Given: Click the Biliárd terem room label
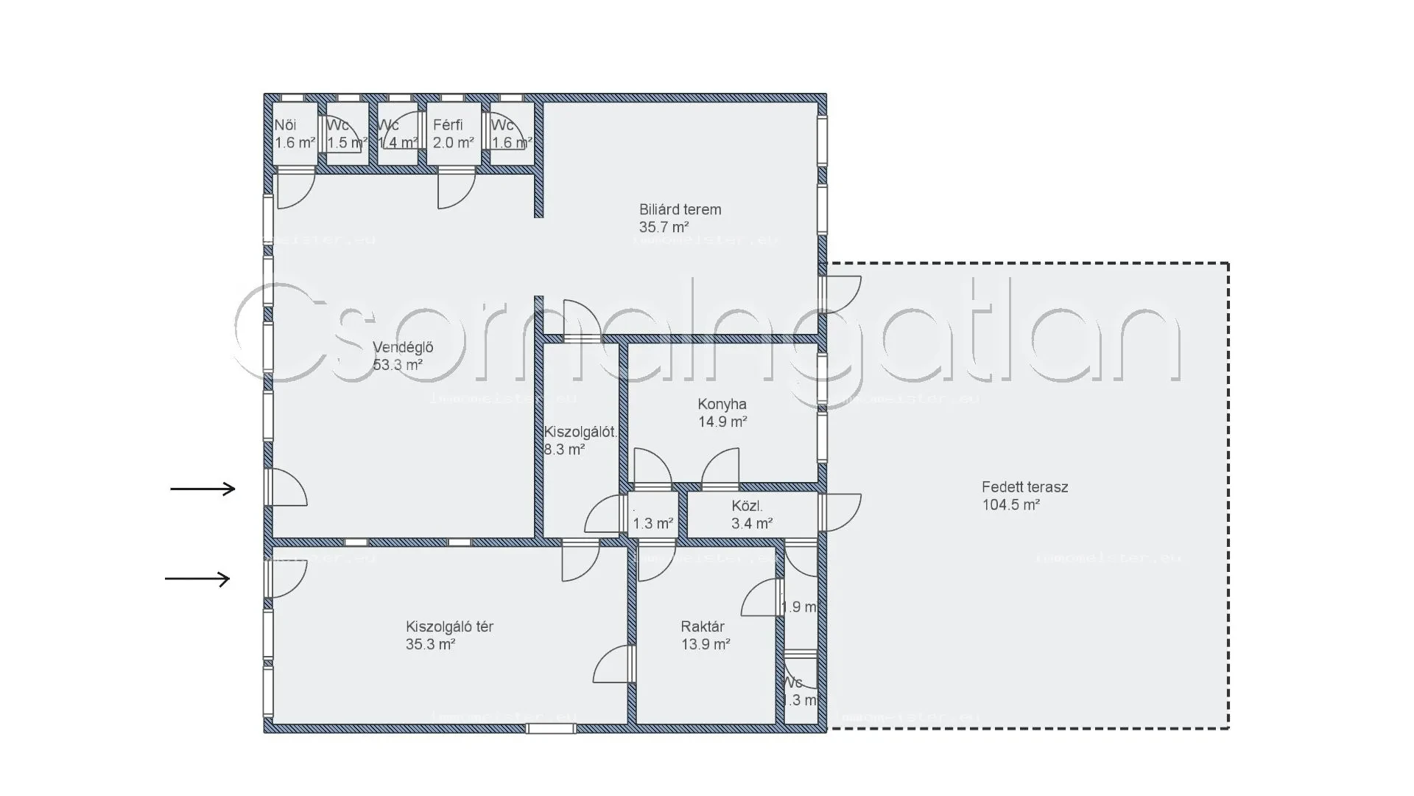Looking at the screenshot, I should tap(680, 210).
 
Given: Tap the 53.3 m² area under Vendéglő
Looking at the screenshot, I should tap(397, 365).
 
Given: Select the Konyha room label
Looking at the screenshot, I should tap(722, 405).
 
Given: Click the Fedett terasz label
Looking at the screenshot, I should tap(1024, 487).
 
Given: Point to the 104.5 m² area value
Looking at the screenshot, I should tap(1010, 505).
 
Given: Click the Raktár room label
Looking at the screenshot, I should tap(702, 626).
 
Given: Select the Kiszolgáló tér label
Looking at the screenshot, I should tap(449, 626).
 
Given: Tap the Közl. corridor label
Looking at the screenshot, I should tap(747, 506).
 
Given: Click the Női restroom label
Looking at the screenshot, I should tap(285, 125).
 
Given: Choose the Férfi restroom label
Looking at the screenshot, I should tap(448, 125).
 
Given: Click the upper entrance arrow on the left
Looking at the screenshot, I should tap(203, 489).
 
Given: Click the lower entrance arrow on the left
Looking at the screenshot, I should tap(197, 579).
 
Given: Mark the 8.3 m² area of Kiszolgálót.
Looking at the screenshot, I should tap(564, 450).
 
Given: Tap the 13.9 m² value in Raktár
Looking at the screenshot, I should tap(705, 644).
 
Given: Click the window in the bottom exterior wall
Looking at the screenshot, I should tap(551, 728).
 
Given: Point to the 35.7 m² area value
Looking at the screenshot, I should tap(664, 228).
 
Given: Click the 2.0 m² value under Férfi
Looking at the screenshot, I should tap(453, 143).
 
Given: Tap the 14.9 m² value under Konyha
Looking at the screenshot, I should tap(722, 422).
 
